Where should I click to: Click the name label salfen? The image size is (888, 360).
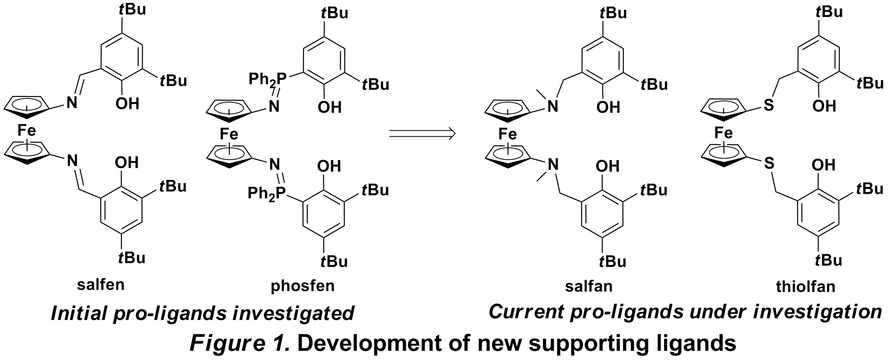[101, 285]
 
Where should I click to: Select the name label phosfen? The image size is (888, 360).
[303, 286]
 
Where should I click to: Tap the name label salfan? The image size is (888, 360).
[589, 286]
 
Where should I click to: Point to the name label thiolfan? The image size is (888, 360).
[806, 286]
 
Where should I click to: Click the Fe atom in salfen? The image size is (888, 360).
[27, 131]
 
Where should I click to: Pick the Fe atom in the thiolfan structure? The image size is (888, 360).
[724, 132]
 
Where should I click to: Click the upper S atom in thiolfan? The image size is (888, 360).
[769, 106]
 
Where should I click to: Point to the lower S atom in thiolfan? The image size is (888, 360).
[769, 163]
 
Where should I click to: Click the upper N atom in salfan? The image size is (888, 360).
[552, 106]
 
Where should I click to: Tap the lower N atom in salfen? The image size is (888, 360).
[72, 161]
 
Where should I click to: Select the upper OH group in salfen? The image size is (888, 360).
[127, 104]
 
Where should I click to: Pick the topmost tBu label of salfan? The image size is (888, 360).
[613, 13]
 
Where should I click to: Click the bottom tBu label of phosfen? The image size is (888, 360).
[334, 261]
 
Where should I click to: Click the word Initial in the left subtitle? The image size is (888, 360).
[79, 313]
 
